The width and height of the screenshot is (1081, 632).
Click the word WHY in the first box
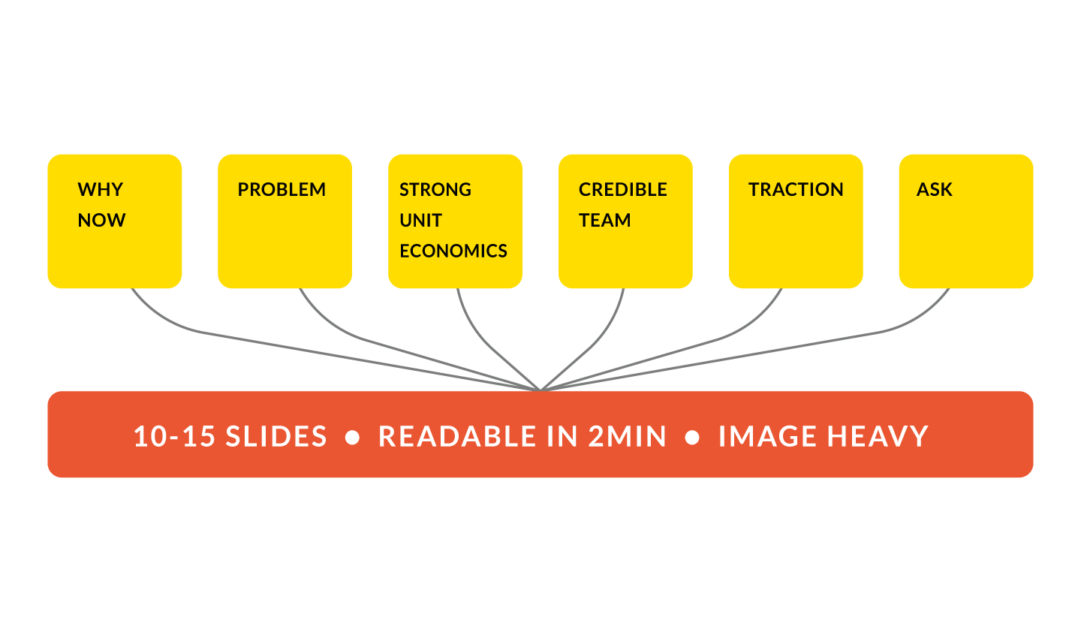pos(100,190)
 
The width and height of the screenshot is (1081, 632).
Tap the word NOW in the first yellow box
pos(101,221)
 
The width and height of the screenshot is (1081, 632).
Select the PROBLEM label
pos(282,190)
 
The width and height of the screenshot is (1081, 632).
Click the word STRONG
pos(435,190)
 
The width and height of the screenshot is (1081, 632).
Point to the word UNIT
pos(420,221)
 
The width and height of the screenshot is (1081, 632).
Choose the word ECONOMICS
pos(453,251)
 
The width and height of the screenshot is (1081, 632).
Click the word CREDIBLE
pos(622,190)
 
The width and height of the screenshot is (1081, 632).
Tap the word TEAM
pos(604,221)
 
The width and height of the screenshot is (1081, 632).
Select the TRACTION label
pos(796,190)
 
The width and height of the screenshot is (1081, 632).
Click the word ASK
pos(934,190)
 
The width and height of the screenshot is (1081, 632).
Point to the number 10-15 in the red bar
pos(175,437)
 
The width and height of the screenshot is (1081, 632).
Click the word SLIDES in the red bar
pos(276,437)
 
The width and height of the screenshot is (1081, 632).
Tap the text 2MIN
pos(628,437)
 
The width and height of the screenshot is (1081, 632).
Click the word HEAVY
pos(877,437)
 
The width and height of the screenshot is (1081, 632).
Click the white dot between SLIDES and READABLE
pos(352,438)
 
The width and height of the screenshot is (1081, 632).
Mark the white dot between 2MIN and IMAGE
pos(692,438)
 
